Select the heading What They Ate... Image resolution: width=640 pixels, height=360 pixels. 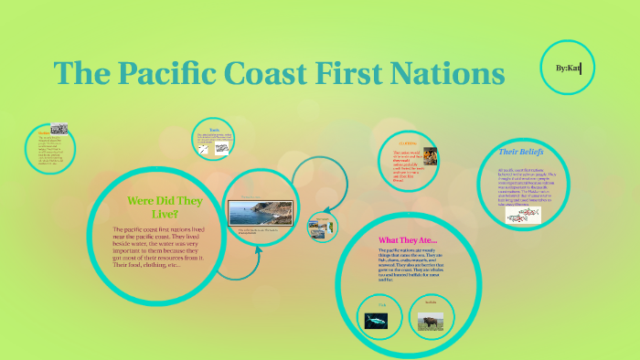click(408, 240)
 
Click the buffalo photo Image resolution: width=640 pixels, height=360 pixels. click(431, 321)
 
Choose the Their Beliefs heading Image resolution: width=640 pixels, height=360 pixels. click(521, 151)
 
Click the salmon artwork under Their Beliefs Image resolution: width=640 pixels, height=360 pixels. click(523, 216)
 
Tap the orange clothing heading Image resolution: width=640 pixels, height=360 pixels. click(407, 143)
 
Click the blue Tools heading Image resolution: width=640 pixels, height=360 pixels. click(215, 130)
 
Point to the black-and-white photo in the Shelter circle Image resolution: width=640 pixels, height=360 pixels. click(59, 128)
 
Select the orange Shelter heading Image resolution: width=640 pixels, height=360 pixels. click(42, 132)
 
